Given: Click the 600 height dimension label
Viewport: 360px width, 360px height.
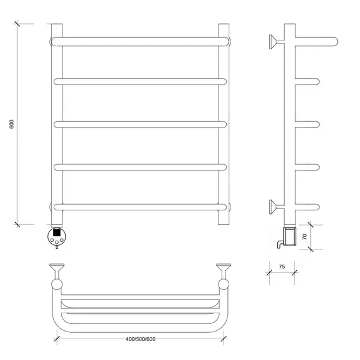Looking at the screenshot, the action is [12, 124].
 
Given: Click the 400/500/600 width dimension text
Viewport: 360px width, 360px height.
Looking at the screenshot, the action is [140, 339].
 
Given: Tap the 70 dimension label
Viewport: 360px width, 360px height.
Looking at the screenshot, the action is [304, 237].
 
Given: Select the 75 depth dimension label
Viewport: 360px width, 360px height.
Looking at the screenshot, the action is [282, 267].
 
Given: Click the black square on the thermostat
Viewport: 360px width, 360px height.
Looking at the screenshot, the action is [57, 232].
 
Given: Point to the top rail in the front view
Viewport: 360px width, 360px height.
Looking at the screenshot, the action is [140, 42].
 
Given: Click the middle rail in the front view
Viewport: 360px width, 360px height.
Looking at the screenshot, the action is [140, 124].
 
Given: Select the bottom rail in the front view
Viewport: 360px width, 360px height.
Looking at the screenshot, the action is [140, 207].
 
